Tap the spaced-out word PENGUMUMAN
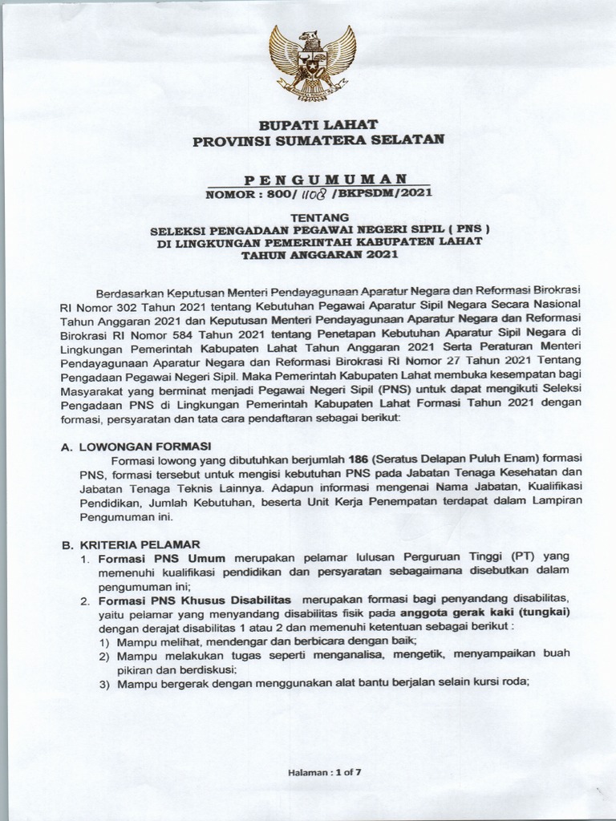[324, 178]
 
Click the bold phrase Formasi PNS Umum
[161, 557]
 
